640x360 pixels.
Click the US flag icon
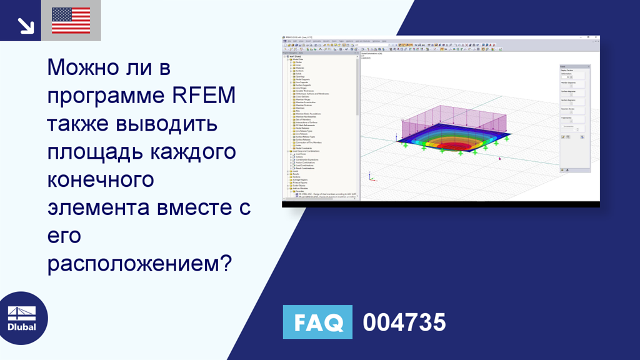coord(71,20)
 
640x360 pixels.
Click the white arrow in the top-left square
coord(25,24)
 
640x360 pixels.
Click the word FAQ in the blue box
coord(317,322)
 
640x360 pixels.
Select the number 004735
coord(404,322)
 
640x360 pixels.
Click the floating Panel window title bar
coord(572,66)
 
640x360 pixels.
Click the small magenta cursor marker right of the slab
coord(499,158)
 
